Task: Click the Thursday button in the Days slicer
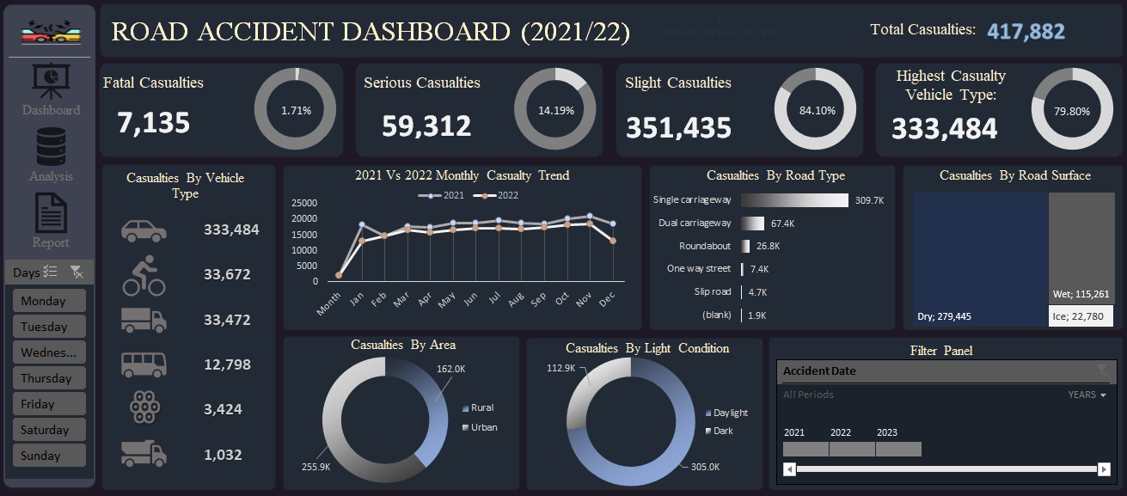(49, 378)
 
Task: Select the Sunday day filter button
(49, 456)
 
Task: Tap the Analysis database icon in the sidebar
(51, 147)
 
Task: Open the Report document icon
(51, 212)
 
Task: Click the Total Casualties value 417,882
(1026, 32)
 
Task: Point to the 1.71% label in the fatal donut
(296, 111)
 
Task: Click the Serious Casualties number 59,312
(426, 127)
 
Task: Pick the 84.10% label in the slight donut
(817, 111)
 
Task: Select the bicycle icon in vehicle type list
(144, 275)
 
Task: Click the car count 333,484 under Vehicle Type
(231, 230)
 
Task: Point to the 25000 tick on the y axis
(304, 204)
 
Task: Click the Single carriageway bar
(793, 200)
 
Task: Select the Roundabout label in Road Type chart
(705, 246)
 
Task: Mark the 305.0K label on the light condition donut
(705, 467)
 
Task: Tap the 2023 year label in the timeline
(886, 432)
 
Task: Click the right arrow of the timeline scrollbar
(1104, 469)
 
